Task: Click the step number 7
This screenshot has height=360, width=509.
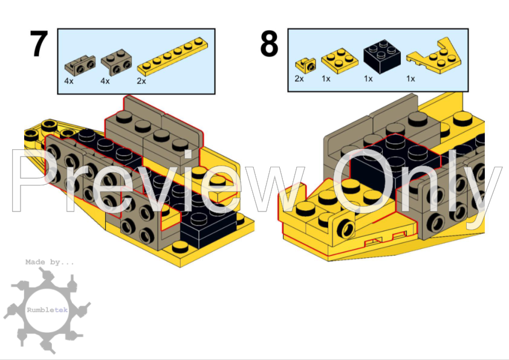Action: [39, 43]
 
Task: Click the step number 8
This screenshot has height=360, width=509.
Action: [269, 43]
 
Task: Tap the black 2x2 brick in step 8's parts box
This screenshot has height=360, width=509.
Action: [382, 56]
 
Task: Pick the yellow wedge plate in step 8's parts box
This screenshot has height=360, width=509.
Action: [434, 57]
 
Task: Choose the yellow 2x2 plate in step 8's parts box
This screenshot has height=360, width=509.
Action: [340, 60]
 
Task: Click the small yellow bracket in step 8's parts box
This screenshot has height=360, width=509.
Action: [305, 65]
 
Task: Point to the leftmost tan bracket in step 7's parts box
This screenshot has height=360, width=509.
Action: [80, 65]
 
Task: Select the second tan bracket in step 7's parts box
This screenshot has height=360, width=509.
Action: [116, 62]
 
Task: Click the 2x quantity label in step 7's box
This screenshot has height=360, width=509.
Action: [141, 81]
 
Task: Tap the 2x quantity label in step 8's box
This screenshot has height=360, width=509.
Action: [299, 79]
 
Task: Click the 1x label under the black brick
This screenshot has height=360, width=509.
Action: [368, 79]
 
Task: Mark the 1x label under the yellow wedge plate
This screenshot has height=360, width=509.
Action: [410, 79]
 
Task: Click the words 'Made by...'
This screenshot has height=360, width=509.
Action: [50, 262]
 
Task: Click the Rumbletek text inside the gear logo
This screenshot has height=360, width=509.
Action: [47, 310]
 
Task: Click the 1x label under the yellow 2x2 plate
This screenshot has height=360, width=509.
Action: [326, 79]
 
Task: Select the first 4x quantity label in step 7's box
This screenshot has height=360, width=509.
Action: [69, 81]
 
